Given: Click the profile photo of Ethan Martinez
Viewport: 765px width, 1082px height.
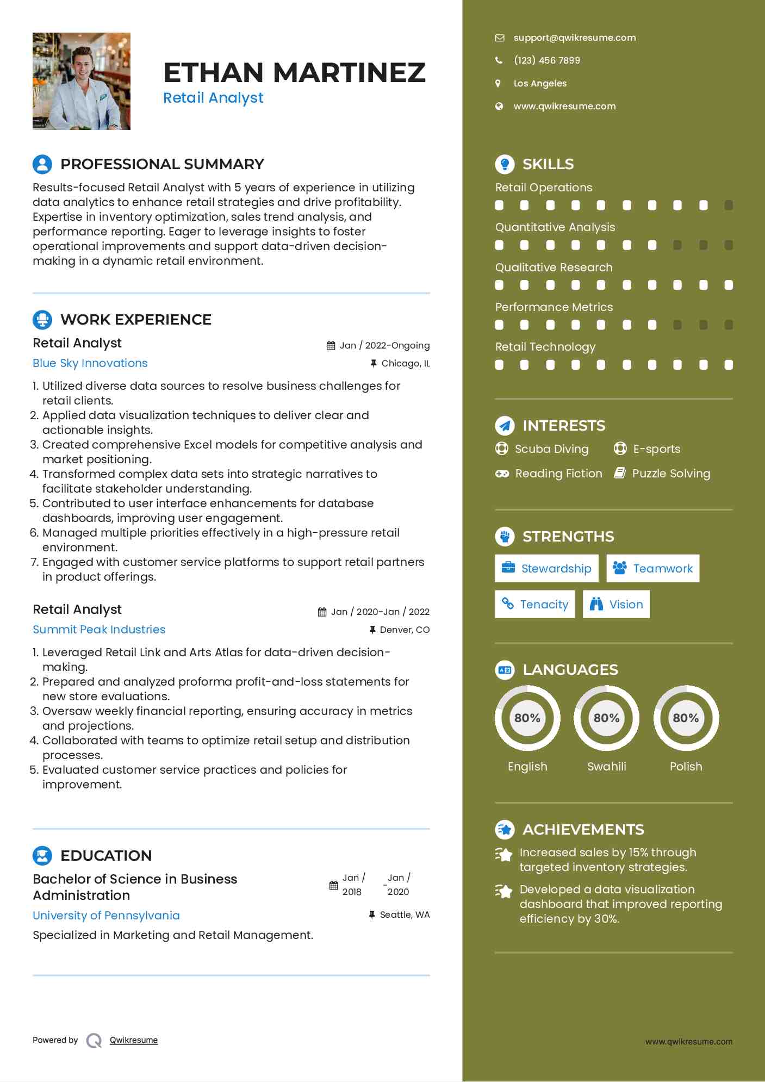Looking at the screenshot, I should (82, 81).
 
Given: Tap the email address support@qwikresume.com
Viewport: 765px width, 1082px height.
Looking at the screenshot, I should (574, 38).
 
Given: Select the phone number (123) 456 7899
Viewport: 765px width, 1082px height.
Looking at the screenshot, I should (546, 60).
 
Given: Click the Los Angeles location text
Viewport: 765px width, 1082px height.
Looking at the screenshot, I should (540, 84).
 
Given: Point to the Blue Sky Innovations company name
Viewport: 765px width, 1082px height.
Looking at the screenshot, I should (90, 363).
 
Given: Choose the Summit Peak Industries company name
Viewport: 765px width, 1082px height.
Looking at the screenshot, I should (99, 630).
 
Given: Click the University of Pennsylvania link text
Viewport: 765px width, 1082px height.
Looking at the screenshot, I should (106, 916).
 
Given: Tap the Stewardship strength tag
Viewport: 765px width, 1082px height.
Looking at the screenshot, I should (546, 569).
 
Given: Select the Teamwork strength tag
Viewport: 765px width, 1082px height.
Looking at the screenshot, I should (652, 569).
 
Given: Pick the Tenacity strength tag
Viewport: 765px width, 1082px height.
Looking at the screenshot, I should (534, 605).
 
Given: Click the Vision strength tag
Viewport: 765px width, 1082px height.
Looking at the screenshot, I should (616, 605).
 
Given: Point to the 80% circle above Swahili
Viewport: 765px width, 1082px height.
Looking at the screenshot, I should (606, 718).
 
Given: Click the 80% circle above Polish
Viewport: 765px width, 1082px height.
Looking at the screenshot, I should (686, 718).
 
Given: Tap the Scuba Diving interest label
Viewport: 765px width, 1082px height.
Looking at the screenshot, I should (551, 449).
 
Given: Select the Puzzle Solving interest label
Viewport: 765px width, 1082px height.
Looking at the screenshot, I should (670, 474).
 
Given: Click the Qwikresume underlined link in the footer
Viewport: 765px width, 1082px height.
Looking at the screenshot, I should (134, 1040).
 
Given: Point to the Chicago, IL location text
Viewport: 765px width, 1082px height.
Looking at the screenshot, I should (406, 364).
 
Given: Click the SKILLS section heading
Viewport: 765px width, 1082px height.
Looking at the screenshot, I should (548, 164).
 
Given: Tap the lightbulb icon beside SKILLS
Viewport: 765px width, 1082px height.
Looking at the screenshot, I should (505, 164).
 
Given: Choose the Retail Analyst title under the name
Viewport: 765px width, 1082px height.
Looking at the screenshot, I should (213, 98).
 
